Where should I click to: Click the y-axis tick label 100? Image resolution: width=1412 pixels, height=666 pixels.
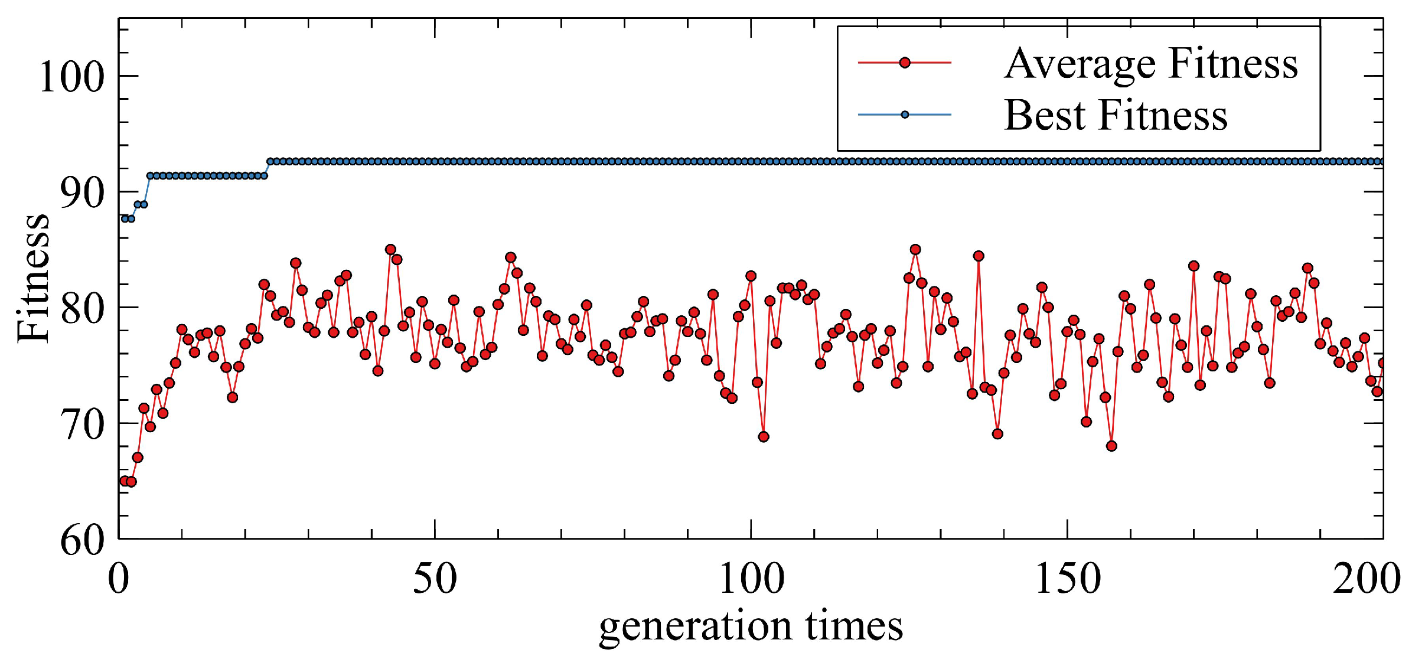71,77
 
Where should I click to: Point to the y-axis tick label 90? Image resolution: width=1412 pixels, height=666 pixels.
82,192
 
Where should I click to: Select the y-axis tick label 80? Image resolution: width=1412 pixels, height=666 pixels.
82,308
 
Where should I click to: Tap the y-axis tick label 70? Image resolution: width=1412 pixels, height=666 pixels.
82,424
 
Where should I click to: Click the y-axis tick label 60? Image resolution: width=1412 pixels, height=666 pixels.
82,540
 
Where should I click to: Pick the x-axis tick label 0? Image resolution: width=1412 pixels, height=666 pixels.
118,579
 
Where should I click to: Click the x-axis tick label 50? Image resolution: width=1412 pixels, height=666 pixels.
435,579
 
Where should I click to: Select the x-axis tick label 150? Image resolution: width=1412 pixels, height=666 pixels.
1068,579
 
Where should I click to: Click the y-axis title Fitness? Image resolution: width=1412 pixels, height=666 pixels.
33,277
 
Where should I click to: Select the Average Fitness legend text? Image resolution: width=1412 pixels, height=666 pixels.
1151,63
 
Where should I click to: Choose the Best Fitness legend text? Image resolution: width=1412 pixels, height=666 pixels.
1116,115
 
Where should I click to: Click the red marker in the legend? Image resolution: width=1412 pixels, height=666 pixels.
905,63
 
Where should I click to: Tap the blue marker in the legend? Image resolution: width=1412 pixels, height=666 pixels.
905,115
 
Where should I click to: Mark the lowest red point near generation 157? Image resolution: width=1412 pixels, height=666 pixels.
1111,446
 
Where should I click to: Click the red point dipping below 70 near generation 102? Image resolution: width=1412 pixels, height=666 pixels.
764,437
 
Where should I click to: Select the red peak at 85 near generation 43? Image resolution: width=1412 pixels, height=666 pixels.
390,250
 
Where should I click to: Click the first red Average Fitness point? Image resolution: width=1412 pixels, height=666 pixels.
125,481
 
